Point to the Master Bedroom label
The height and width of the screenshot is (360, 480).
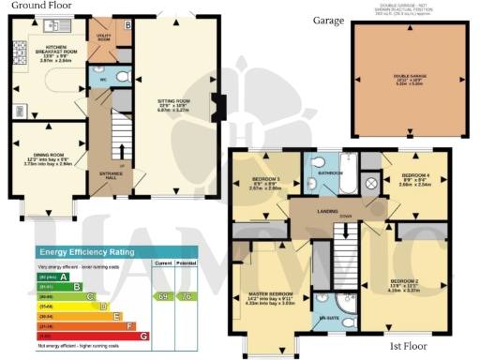(270, 273)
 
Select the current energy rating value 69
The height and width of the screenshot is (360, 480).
(162, 296)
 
